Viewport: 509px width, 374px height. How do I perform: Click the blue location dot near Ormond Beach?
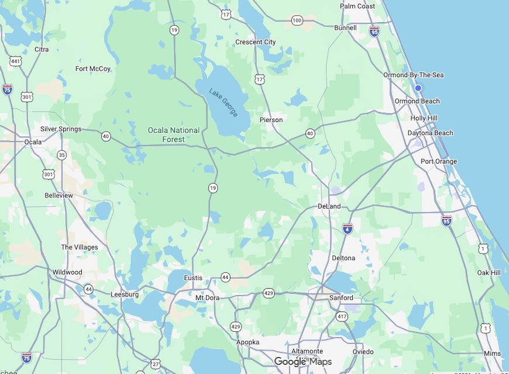click(418, 88)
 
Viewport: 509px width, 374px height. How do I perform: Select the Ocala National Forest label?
click(173, 135)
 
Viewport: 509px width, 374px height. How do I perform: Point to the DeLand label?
click(329, 206)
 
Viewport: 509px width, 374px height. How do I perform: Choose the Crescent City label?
click(255, 42)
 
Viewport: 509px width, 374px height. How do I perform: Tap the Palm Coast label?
click(357, 6)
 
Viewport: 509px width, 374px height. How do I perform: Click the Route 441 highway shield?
click(16, 61)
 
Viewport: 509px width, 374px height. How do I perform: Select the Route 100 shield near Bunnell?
click(297, 20)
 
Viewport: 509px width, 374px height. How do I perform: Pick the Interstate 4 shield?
click(348, 228)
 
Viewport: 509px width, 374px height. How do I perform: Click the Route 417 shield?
click(342, 316)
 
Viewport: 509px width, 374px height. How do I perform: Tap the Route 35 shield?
click(62, 155)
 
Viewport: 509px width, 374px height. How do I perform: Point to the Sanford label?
click(341, 297)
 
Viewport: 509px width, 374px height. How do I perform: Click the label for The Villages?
click(80, 247)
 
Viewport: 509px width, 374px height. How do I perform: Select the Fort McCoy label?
click(93, 68)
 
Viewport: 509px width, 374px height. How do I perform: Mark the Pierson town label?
click(271, 120)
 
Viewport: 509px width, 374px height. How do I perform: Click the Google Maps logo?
click(303, 362)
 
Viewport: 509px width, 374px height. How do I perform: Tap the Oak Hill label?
click(489, 272)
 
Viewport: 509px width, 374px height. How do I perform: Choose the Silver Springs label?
click(61, 129)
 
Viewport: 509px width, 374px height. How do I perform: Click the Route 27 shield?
click(156, 363)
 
